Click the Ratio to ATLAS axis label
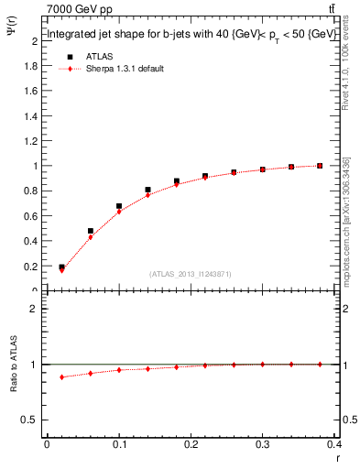pos(14,393)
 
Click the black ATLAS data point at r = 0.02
pos(61,267)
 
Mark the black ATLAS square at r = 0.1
pos(119,206)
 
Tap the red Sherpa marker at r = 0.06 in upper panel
pos(90,237)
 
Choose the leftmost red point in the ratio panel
pos(61,377)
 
